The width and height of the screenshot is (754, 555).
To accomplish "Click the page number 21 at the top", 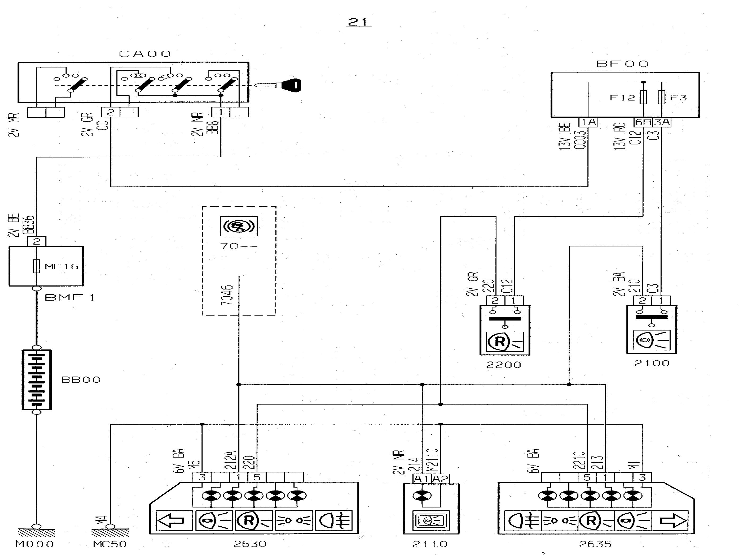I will [359, 22].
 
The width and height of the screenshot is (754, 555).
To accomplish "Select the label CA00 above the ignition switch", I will [145, 54].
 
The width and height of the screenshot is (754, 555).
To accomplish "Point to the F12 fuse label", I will [622, 98].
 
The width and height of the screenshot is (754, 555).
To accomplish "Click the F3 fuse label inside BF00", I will [678, 98].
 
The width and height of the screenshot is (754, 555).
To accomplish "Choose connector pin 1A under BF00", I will [588, 122].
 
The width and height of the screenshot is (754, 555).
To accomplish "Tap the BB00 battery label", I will [81, 380].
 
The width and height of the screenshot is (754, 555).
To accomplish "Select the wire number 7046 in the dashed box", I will [227, 295].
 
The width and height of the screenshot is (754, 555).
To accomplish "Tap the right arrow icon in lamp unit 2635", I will [673, 520].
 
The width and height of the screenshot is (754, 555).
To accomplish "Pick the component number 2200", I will [503, 365].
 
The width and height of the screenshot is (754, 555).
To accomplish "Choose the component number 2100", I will [651, 363].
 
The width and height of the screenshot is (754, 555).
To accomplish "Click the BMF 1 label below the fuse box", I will [70, 297].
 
